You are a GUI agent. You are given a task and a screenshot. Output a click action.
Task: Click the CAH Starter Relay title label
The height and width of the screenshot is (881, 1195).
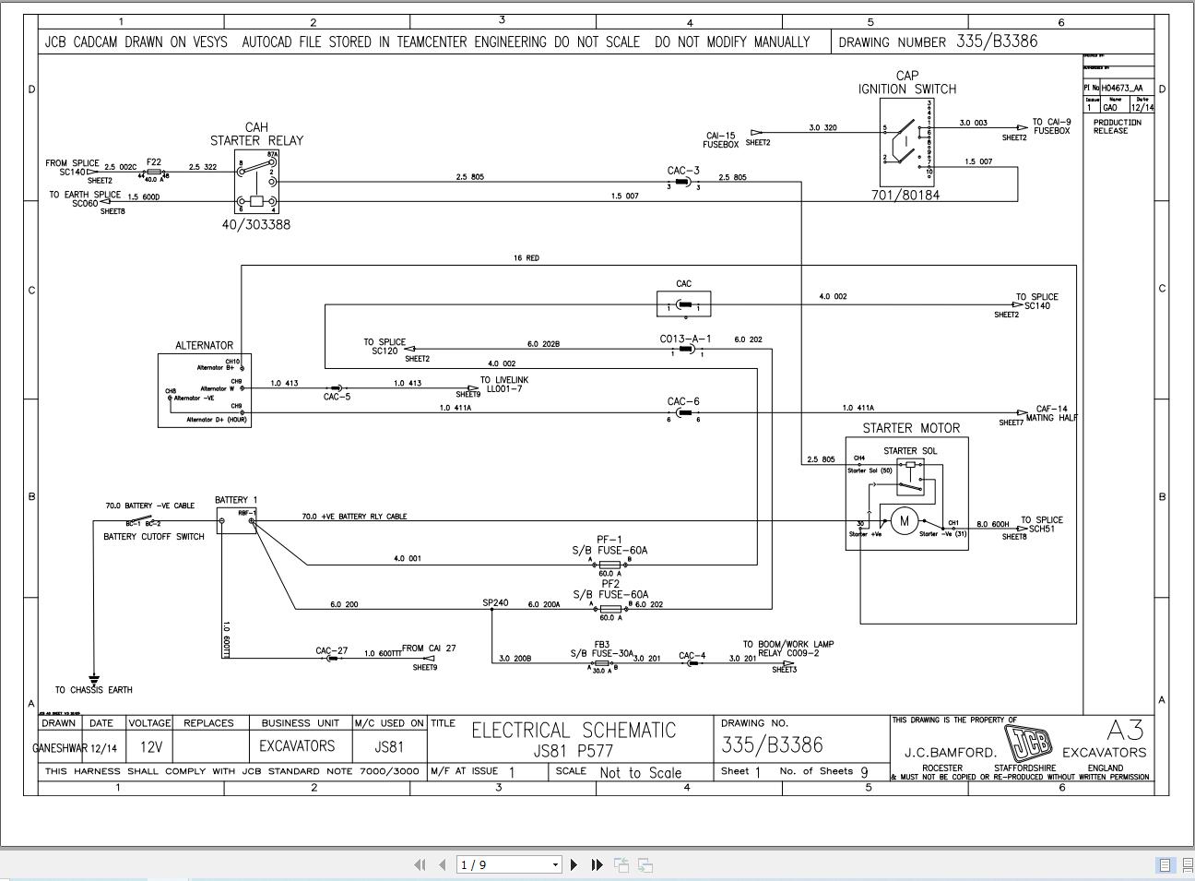(256, 135)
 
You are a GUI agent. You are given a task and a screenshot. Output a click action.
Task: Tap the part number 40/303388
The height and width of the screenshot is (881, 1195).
(256, 224)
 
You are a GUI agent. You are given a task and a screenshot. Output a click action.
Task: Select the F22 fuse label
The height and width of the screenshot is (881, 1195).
(153, 162)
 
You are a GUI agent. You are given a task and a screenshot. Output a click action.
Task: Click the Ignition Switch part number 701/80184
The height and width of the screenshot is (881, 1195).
(905, 195)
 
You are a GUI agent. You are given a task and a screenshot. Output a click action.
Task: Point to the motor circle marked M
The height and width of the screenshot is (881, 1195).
(904, 521)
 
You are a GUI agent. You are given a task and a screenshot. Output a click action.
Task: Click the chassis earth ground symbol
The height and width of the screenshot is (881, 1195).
(94, 680)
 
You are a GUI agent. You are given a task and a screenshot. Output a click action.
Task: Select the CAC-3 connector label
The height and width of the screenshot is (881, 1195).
(683, 171)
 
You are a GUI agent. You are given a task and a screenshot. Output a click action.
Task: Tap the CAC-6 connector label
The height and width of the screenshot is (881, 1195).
(683, 401)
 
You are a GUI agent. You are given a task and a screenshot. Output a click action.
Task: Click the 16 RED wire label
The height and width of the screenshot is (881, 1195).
(527, 258)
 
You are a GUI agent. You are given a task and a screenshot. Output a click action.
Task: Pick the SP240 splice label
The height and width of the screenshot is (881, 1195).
(495, 603)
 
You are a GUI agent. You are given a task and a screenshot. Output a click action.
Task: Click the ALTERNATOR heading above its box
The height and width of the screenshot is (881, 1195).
(204, 346)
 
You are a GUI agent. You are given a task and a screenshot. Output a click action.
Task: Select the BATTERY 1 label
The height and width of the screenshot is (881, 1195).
(236, 500)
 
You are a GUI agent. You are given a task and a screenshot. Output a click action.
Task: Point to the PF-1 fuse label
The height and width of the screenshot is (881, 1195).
(609, 540)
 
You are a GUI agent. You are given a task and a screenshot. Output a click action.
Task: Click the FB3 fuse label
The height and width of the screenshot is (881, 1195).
(601, 645)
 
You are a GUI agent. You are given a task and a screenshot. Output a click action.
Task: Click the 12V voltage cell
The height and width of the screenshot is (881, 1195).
(149, 746)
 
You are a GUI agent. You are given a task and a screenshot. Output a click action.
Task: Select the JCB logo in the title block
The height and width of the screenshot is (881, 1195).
(1028, 744)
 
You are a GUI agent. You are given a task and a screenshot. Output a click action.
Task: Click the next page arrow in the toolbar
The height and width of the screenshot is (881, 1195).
(574, 864)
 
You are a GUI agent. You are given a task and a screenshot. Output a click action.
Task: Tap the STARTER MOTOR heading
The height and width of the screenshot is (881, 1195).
(911, 428)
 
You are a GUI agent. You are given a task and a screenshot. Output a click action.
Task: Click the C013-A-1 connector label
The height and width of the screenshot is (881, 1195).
(685, 339)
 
